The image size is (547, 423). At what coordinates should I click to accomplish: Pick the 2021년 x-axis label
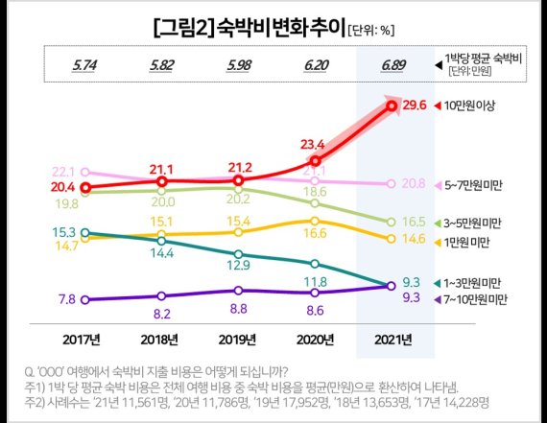tap(392, 340)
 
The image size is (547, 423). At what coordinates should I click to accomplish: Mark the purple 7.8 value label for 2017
tap(67, 299)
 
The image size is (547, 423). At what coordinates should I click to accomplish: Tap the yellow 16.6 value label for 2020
tap(315, 234)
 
